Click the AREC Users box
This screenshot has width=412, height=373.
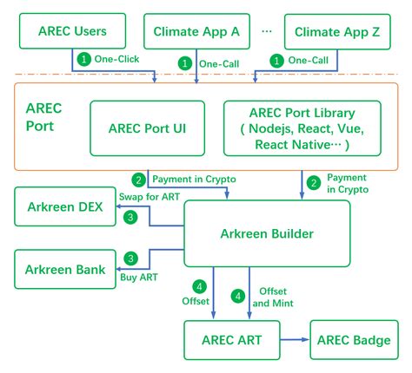pos(73,31)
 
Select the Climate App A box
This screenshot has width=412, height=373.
pos(196,31)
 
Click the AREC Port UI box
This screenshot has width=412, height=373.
pos(148,128)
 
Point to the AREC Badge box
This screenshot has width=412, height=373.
pos(356,340)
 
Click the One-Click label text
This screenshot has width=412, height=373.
pos(114,60)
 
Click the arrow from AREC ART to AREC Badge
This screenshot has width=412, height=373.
pos(296,340)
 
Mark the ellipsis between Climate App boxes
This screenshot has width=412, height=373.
pos(266,31)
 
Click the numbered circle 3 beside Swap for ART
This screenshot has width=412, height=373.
pos(130,217)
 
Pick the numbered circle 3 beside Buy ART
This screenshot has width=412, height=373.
pos(130,258)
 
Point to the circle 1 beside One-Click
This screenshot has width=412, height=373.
pos(83,60)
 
